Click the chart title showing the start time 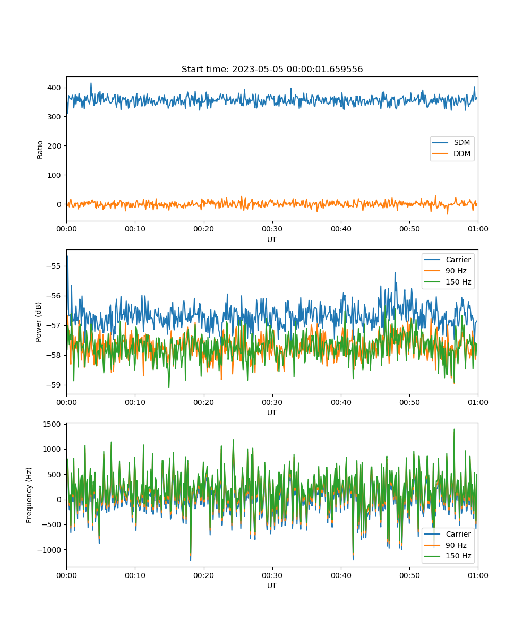(272, 69)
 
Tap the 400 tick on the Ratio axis (54, 88)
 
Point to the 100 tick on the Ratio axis (54, 175)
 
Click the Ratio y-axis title (40, 150)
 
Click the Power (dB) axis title (38, 322)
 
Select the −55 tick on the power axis (54, 266)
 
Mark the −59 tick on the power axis (54, 385)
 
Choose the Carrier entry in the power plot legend (448, 260)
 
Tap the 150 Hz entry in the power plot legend (448, 282)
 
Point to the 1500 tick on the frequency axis (52, 424)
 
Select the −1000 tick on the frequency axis (49, 550)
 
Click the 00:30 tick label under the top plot (272, 229)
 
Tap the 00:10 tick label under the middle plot (135, 402)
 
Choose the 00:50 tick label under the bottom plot (409, 575)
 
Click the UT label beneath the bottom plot (272, 586)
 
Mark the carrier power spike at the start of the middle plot (68, 257)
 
